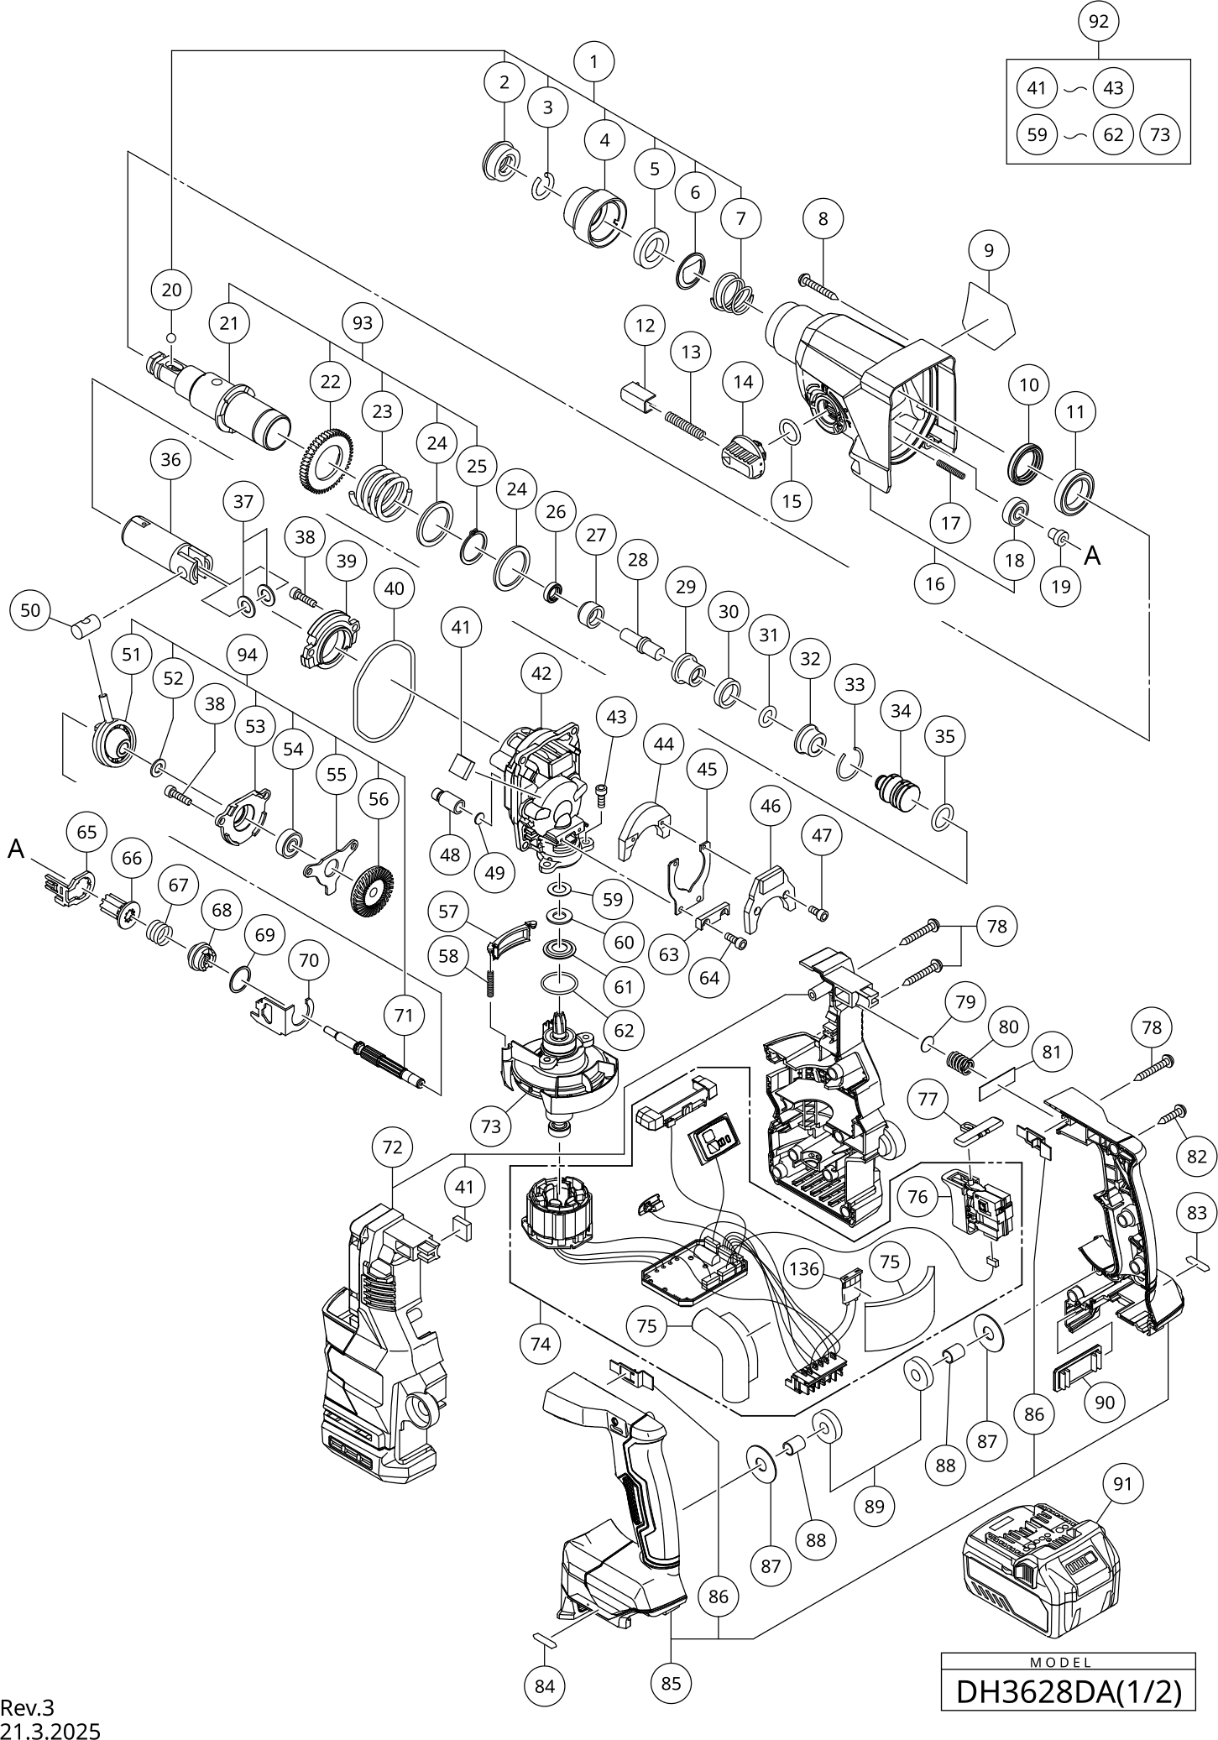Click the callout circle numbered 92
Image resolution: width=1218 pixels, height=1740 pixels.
click(x=1099, y=23)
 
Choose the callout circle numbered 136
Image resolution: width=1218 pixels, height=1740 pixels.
click(x=804, y=1268)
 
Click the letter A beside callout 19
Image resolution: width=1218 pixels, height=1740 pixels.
click(x=1092, y=555)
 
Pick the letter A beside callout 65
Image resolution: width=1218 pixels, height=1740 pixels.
click(x=16, y=849)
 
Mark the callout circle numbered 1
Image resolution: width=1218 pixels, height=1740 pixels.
click(x=594, y=61)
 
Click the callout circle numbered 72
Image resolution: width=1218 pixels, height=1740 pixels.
click(x=393, y=1147)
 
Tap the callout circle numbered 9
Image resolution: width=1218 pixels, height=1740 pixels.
click(x=989, y=250)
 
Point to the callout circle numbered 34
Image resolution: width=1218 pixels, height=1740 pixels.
click(x=901, y=712)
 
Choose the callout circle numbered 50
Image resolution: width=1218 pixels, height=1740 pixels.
click(x=30, y=610)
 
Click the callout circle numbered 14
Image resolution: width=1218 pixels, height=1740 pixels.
click(x=744, y=382)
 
